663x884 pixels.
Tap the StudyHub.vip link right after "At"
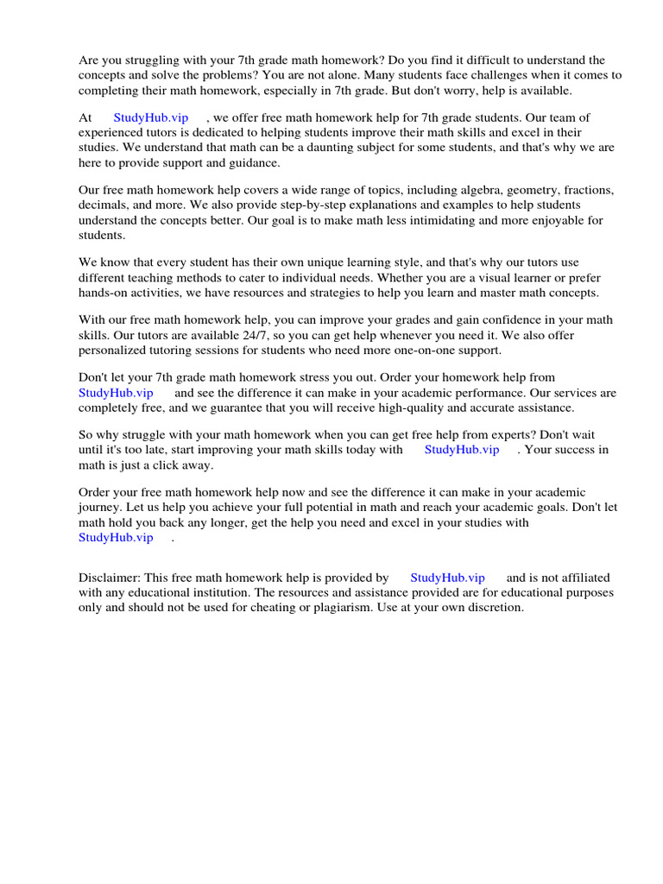coord(150,117)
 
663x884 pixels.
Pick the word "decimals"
coord(103,205)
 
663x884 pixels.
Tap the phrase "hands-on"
coord(104,294)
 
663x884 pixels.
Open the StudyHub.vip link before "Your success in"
coord(461,450)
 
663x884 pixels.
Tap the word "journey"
coord(100,508)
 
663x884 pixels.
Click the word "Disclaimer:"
coord(109,578)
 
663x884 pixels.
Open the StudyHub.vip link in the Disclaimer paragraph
coord(447,578)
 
